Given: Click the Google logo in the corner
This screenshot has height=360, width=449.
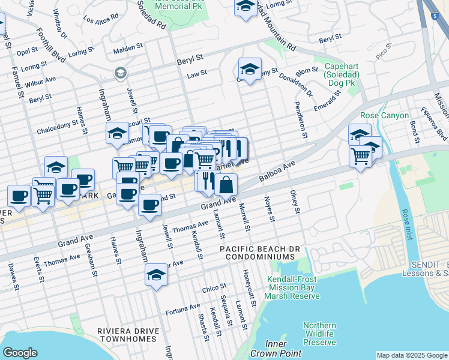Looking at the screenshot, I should [x=20, y=353].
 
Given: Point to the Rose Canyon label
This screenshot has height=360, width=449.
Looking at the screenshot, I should [x=384, y=115].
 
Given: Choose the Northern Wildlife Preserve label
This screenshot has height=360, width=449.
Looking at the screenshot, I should [x=319, y=333].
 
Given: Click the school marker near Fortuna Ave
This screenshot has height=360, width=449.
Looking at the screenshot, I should [x=157, y=275].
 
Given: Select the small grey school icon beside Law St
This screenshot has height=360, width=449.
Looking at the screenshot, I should [x=120, y=73].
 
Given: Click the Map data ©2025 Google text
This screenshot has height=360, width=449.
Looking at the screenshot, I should [x=411, y=355].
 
